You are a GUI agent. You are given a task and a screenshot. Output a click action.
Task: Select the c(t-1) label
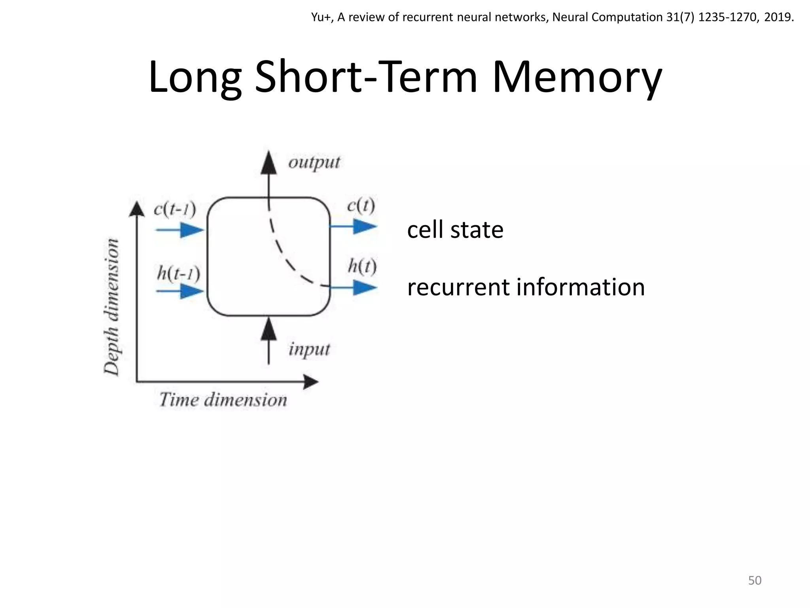point(174,209)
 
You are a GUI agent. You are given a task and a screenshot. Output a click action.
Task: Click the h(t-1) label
point(178,273)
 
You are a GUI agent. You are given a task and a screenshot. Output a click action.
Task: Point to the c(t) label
point(360,206)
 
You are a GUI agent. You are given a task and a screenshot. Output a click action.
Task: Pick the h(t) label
point(362,266)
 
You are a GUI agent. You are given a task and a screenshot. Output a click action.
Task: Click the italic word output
point(314,162)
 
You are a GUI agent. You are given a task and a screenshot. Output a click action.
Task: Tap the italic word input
point(309,350)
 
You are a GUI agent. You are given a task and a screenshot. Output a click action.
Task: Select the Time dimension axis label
point(223,400)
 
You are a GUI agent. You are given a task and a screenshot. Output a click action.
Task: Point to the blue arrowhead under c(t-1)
point(191,230)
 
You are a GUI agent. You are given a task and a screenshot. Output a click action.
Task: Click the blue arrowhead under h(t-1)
point(191,291)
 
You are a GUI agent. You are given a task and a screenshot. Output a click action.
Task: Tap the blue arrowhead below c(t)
point(364,226)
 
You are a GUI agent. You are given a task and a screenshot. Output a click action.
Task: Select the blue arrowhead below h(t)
point(364,288)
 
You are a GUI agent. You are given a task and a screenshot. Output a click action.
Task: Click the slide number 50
point(755,580)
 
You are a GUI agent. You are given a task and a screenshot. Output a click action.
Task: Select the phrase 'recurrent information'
point(526,287)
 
